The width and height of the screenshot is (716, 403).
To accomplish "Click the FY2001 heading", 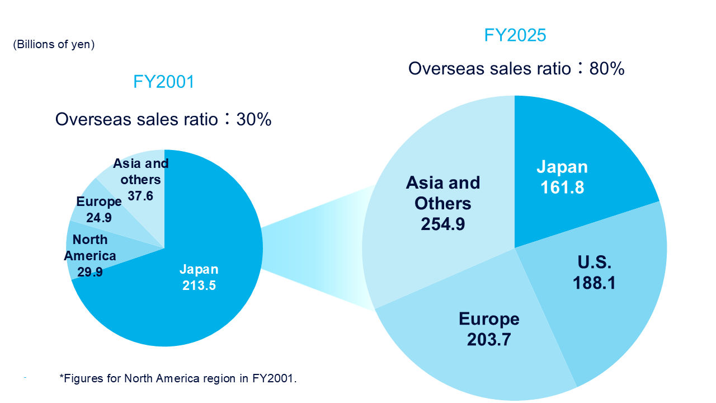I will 164,82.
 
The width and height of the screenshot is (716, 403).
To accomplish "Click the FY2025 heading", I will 515,36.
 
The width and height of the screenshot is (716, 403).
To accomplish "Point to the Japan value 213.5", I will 199,285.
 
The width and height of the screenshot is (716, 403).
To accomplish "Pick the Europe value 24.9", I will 98,217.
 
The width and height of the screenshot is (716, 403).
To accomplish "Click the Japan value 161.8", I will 562,187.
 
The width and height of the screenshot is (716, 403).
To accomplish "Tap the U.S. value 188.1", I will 593,283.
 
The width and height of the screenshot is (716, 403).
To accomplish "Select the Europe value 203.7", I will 489,339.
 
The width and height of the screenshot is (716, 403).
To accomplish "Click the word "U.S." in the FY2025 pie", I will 593,263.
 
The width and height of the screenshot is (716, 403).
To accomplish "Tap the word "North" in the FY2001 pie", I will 90,240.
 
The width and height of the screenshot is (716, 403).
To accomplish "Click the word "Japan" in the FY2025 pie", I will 562,167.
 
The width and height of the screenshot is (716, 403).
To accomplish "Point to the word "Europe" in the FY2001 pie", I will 98,202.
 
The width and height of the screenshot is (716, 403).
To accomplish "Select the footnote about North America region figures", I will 178,378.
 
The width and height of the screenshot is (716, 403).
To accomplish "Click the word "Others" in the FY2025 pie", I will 442,203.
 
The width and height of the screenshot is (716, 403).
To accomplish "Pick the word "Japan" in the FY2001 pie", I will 199,269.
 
